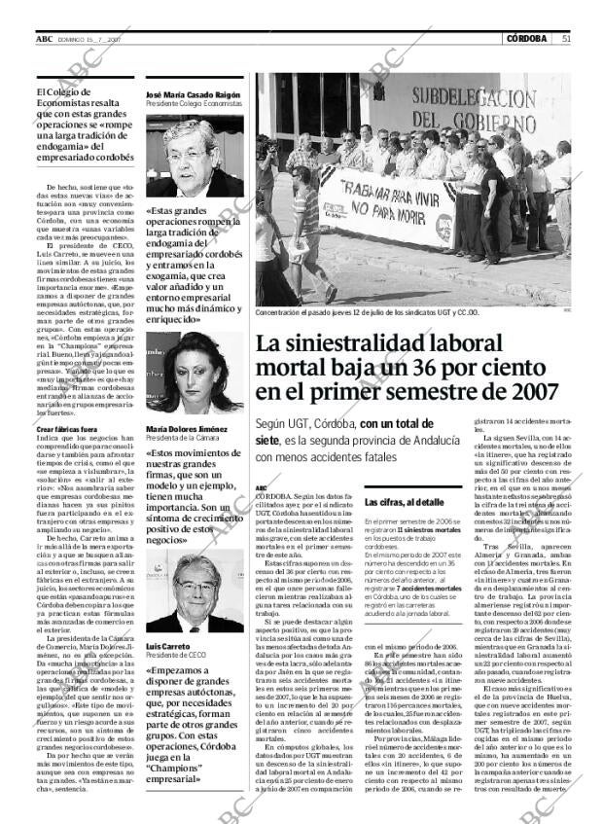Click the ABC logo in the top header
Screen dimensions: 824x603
click(45, 39)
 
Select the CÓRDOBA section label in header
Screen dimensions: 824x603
click(526, 39)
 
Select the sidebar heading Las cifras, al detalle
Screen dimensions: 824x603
click(404, 502)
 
